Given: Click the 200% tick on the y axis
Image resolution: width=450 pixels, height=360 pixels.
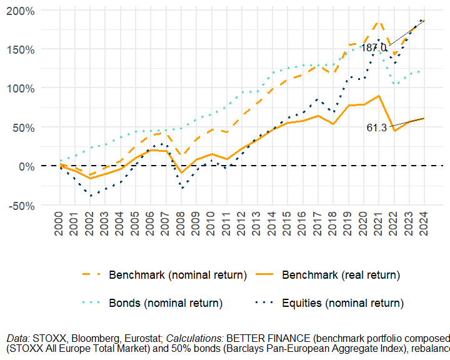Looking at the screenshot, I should [x=21, y=11].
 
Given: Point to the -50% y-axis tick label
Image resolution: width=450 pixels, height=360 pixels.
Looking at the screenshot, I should [x=21, y=206].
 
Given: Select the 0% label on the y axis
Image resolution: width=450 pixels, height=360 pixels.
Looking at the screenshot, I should [x=26, y=166].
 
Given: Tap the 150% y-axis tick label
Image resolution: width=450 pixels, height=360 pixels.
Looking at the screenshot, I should [x=21, y=49].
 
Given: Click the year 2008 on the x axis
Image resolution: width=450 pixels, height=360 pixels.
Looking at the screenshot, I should [x=181, y=224].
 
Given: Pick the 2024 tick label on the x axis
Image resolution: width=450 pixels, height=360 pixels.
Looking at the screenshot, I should [x=424, y=224].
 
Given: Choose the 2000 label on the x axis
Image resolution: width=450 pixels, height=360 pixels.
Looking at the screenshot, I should [x=59, y=224].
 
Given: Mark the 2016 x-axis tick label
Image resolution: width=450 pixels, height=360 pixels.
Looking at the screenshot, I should [x=302, y=224].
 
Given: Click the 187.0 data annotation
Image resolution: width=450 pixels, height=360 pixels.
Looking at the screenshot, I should [x=374, y=48].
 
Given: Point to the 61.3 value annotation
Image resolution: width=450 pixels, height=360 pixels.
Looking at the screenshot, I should [x=376, y=127].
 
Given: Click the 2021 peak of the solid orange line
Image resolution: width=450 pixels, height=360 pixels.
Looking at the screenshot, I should [x=379, y=96].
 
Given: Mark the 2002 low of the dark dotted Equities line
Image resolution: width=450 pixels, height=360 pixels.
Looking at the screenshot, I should [x=89, y=196].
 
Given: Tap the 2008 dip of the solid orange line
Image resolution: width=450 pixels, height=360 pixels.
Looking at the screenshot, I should [x=181, y=172].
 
